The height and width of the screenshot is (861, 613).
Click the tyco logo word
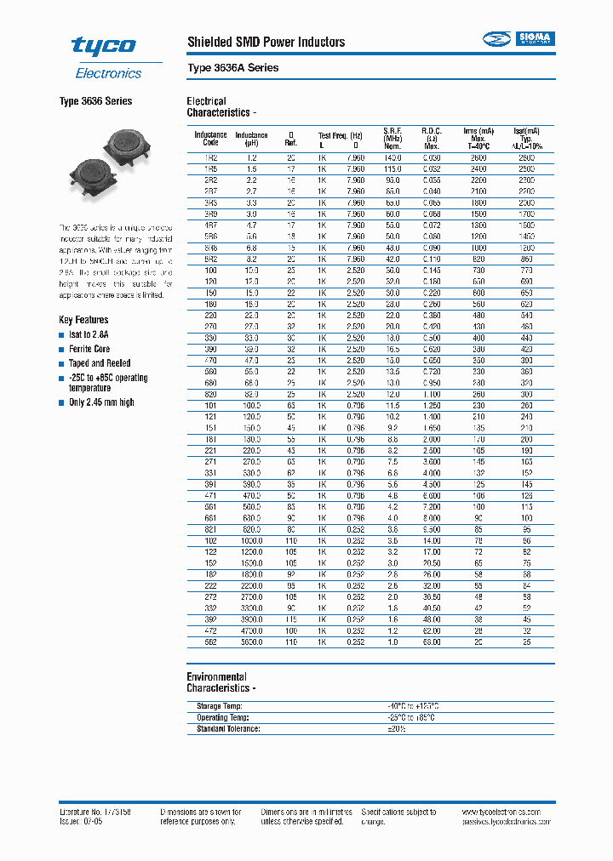pos(103,46)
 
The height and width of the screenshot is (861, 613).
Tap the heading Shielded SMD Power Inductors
pos(266,42)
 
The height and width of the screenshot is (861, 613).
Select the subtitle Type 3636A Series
pos(232,67)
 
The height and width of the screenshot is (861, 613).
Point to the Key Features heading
pos(83,320)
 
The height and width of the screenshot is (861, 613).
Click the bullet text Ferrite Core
pos(89,349)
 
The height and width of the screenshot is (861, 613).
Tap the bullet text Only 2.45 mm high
pos(101,402)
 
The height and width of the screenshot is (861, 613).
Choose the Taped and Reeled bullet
pos(100,363)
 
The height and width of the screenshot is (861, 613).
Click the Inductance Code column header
pos(210,139)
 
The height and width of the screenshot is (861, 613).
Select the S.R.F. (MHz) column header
pos(392,139)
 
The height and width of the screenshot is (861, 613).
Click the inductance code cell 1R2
pos(210,158)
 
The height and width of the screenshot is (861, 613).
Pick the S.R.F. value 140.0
pos(392,158)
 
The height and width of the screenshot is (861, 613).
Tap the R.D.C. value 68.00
pos(432,642)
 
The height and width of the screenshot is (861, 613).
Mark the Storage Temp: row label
pos(220,706)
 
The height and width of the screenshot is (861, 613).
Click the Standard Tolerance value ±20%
pos(397,728)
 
